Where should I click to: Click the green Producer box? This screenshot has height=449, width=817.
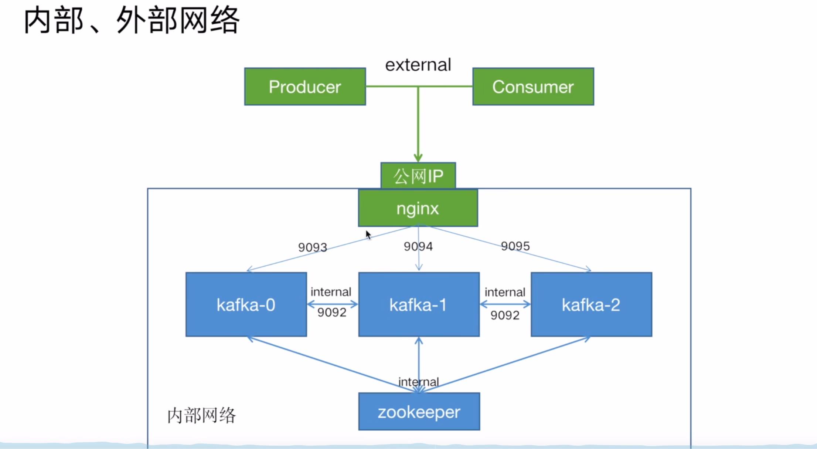(305, 87)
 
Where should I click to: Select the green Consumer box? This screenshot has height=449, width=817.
(533, 87)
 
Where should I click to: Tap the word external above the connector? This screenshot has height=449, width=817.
(418, 65)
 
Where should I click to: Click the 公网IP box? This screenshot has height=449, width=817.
(418, 176)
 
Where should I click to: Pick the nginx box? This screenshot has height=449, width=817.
(418, 208)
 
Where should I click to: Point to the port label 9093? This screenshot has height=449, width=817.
(313, 247)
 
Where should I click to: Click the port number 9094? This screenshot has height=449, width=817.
(418, 246)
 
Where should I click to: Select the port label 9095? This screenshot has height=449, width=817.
(515, 246)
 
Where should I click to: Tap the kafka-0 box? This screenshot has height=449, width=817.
(246, 304)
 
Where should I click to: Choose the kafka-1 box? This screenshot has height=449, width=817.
(419, 304)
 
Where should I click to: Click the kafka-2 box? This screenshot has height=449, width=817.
(591, 304)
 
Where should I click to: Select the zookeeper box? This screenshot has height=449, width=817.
(419, 412)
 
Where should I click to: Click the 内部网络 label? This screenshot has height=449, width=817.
(201, 415)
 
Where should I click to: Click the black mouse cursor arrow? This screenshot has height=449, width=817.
(368, 234)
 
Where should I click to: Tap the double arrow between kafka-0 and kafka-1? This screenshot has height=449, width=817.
(333, 304)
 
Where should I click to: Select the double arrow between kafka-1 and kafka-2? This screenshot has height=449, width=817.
(505, 304)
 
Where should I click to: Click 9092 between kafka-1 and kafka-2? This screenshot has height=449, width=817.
(505, 315)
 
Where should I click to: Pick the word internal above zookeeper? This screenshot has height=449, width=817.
(418, 382)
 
